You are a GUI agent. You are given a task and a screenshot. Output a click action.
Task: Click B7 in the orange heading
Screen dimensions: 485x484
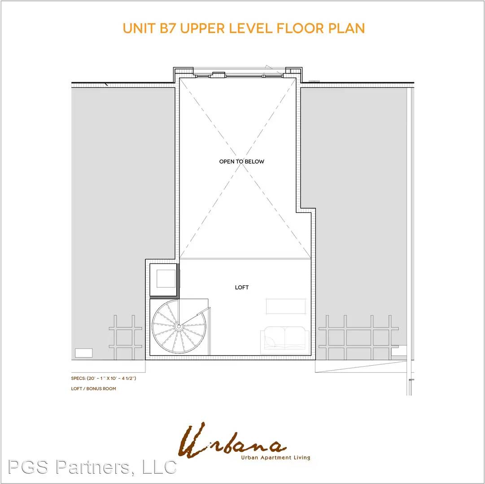coord(168,28)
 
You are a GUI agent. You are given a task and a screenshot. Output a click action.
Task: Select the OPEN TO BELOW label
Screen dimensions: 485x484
coord(241,161)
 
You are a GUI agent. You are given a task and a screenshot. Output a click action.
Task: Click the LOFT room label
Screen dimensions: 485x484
coord(242,288)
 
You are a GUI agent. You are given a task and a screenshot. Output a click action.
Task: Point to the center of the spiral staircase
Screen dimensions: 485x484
coord(179,326)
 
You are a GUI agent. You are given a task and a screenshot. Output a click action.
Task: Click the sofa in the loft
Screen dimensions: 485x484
coord(284,340)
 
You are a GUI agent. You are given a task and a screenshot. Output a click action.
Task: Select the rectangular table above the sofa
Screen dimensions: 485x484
coord(286,306)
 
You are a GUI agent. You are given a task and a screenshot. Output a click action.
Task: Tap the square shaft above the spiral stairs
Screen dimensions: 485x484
coord(164,280)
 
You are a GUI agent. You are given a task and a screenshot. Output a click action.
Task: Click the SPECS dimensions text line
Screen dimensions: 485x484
coord(104,378)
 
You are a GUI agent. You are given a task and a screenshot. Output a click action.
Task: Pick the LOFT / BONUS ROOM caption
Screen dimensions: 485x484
coord(93,389)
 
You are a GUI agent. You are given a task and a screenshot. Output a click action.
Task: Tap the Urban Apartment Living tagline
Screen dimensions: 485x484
coord(275,458)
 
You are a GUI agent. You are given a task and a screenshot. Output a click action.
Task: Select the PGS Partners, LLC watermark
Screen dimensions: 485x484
coord(92,467)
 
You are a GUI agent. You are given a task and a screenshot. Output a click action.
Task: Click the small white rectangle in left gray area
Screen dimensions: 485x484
coord(84,353)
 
